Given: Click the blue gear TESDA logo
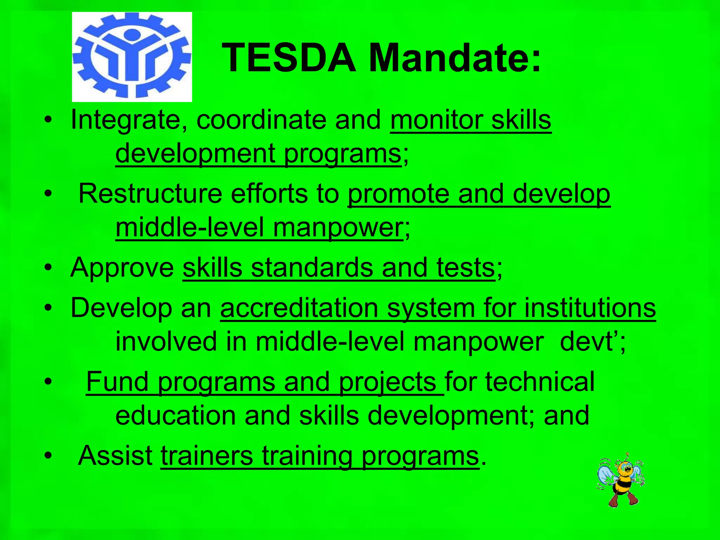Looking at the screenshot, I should (x=132, y=57).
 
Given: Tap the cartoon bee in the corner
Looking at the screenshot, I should (x=621, y=480).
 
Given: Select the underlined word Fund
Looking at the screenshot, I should (x=117, y=382).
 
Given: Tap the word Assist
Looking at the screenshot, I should (x=115, y=456).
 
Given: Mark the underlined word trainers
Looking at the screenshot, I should (x=207, y=456).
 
